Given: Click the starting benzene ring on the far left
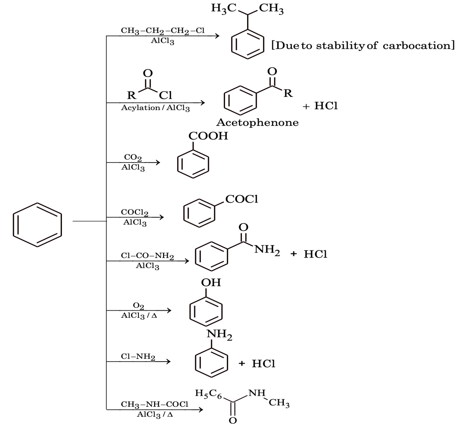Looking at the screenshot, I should point(37,225).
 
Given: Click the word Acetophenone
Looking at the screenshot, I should point(257,123).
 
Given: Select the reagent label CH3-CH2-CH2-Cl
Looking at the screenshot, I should point(163,31).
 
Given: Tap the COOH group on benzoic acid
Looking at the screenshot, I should point(208,136).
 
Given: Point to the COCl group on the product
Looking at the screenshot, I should point(241,199).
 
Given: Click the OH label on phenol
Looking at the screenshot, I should point(211,283).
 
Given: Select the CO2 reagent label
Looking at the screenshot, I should point(133,157).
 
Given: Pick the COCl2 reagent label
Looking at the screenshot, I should point(135,212).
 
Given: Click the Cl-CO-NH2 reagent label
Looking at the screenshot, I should point(147,256).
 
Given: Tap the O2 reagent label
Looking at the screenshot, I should point(138,306).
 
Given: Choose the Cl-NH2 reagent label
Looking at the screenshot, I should point(138,357).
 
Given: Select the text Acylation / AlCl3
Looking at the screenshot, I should point(155,108).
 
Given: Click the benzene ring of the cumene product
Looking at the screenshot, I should point(247,45).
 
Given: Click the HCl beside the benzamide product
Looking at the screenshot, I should point(315,254).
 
